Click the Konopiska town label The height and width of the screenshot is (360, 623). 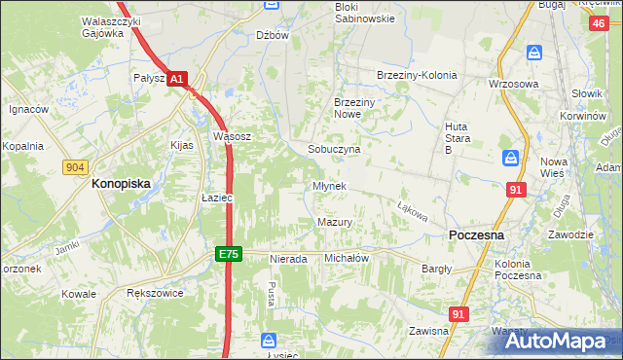point(127,182)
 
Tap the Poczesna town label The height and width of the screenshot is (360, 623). point(475,235)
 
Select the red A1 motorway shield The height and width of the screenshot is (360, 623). point(175,77)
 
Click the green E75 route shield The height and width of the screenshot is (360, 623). point(228,254)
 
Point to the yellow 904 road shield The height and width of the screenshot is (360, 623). point(75,168)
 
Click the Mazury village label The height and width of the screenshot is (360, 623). point(334,222)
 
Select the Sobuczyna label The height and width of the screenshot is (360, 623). point(334,150)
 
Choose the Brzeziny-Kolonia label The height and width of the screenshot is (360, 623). point(417,76)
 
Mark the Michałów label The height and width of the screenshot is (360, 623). point(346,258)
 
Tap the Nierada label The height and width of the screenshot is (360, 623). point(287,259)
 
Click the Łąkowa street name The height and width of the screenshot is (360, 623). point(413,209)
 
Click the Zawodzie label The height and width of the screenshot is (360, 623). point(569,234)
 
